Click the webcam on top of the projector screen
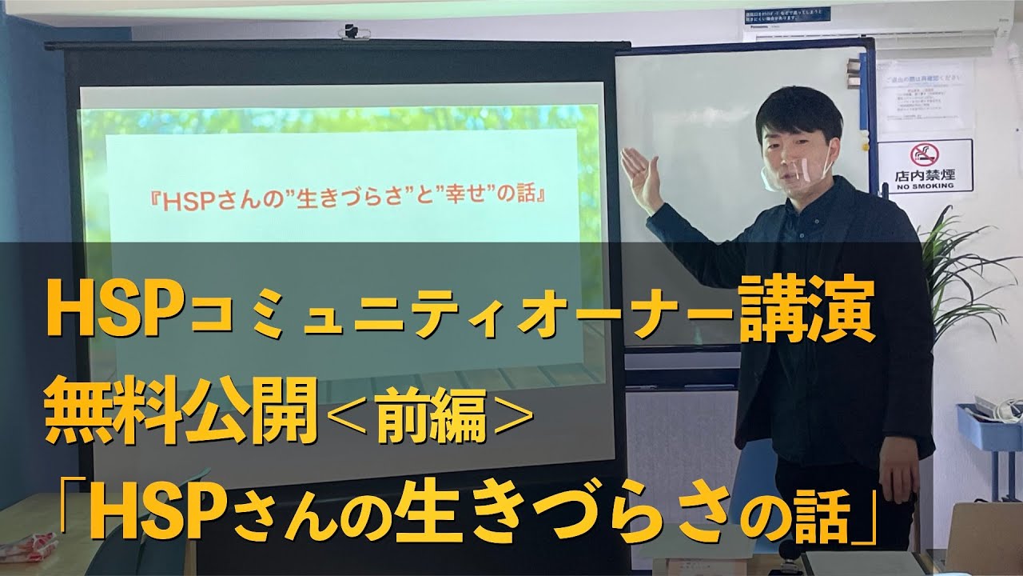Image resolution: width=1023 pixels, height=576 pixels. (352, 31)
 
